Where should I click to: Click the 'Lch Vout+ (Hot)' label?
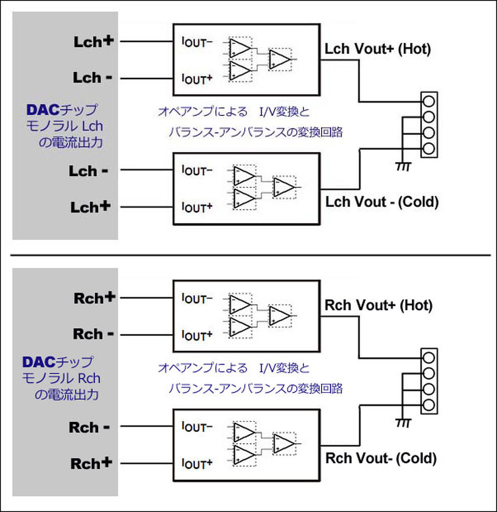click(x=378, y=49)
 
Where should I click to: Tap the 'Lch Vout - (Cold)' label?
click(x=382, y=202)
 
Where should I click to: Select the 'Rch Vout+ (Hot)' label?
click(x=379, y=305)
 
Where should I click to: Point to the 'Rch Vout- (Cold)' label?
click(x=381, y=458)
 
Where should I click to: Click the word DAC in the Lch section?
click(x=43, y=109)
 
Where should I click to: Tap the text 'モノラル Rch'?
click(x=61, y=378)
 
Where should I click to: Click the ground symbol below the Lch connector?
click(x=403, y=166)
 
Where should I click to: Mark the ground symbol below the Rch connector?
click(x=403, y=423)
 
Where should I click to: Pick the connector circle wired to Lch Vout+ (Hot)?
click(x=429, y=101)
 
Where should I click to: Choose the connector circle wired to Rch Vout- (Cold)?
click(x=429, y=405)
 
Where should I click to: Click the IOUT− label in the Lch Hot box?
click(x=197, y=42)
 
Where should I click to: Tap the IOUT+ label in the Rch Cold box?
click(x=197, y=463)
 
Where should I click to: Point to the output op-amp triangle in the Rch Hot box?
click(x=280, y=316)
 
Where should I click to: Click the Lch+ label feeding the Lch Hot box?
click(x=93, y=41)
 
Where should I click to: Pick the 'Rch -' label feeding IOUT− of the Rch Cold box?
click(x=89, y=427)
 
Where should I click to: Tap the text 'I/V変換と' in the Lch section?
click(x=284, y=111)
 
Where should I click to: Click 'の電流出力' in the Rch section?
click(x=67, y=394)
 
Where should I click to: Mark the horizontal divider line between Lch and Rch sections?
click(x=250, y=255)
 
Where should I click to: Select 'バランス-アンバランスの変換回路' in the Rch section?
click(x=256, y=388)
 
